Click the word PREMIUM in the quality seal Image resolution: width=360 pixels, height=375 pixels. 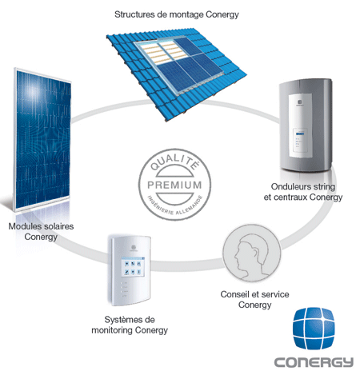click(x=174, y=185)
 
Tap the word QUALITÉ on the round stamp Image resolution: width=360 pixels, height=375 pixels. click(x=174, y=162)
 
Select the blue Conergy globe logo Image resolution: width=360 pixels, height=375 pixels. click(x=314, y=328)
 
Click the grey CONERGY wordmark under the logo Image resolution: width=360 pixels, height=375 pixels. click(x=314, y=362)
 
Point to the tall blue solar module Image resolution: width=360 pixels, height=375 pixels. click(x=42, y=139)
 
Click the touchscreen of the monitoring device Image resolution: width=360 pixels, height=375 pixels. click(x=133, y=267)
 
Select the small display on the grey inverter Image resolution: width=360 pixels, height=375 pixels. click(x=301, y=140)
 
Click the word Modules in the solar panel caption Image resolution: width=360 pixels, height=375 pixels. click(x=25, y=226)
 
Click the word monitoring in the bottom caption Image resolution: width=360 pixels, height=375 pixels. click(x=112, y=330)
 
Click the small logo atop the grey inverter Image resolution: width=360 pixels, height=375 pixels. click(x=300, y=102)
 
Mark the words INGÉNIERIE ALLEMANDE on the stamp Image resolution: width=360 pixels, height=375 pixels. click(x=175, y=207)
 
